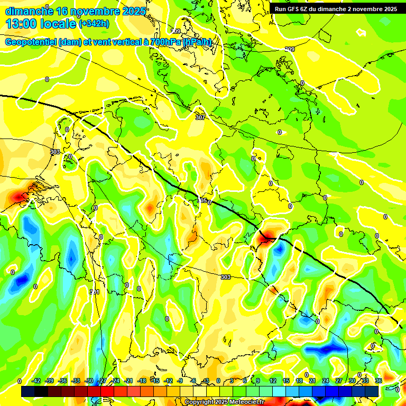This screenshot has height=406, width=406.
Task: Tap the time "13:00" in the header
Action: pos(22,23)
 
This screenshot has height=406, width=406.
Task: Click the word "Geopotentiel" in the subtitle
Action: pos(31,42)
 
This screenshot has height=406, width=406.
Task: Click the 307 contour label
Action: pos(200,117)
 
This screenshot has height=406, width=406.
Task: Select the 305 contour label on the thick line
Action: pos(202,200)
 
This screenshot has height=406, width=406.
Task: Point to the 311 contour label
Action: pos(94,292)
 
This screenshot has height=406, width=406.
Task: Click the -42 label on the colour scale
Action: pos(36,381)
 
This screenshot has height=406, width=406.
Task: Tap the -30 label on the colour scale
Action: pos(89,381)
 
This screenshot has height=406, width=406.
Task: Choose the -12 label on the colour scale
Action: pos(168,381)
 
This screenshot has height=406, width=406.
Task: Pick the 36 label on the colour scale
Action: pos(379,381)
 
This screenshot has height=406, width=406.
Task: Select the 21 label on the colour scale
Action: pos(312,381)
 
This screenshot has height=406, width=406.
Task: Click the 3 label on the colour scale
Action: pos(232,381)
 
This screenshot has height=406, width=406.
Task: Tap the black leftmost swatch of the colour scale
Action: pos(27,391)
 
